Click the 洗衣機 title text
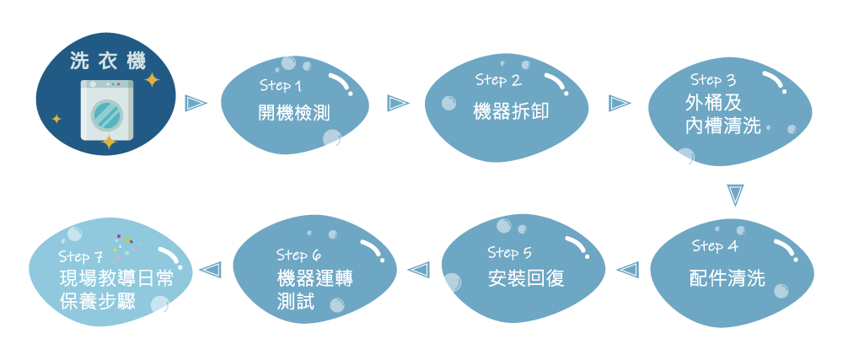coord(107,61)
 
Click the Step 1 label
coord(280,86)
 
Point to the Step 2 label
coord(498,80)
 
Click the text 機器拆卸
coord(510,110)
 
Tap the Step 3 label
coord(713,80)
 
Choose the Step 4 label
coord(715,246)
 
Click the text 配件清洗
coord(727,279)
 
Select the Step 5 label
coord(509,252)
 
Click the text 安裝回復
coord(526,279)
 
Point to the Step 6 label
coord(298,255)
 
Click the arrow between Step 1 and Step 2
coord(398,103)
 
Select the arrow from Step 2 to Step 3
coord(620,103)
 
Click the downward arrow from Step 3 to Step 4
coord(735,196)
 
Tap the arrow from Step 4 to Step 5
coord(626,270)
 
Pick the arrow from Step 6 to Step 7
coord(208,270)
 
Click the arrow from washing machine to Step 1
coord(196,103)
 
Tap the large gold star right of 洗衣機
coord(152,80)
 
